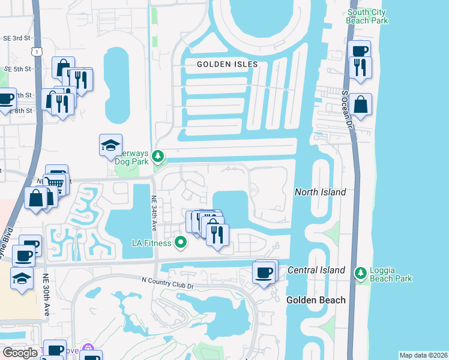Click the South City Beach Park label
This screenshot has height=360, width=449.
[x=367, y=16]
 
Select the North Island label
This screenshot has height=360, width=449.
[x=320, y=192]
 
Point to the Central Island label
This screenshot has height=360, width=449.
[x=316, y=270]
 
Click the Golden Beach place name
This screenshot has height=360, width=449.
[x=316, y=299]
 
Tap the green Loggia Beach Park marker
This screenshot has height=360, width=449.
[x=360, y=274]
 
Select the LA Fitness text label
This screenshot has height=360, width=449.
[x=152, y=243]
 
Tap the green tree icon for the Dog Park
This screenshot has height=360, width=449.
[x=158, y=157]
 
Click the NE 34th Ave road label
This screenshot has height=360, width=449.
[x=154, y=213]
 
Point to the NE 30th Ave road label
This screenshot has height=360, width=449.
[x=46, y=295]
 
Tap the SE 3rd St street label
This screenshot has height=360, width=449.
[x=17, y=38]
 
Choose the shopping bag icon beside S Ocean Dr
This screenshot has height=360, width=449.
[x=361, y=104]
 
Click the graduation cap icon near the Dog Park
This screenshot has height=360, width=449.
[x=110, y=145]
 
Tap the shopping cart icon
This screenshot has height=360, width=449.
[x=55, y=182]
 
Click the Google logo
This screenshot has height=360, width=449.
[x=20, y=352]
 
